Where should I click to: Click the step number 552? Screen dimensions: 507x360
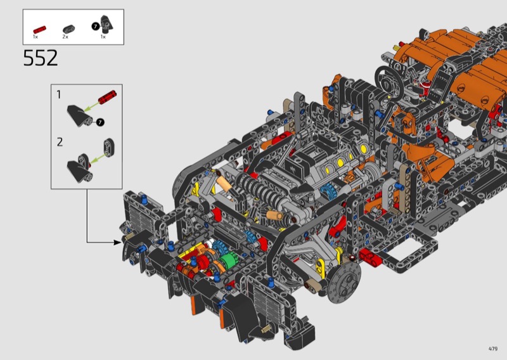tap(41, 58)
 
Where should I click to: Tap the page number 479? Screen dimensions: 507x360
tap(493, 349)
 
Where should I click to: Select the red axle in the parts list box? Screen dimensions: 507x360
tap(39, 30)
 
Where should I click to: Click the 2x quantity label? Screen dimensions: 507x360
tap(65, 37)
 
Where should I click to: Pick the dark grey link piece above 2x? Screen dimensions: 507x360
tap(68, 29)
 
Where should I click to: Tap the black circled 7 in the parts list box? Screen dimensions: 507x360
tap(96, 26)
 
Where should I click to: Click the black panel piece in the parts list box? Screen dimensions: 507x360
tap(106, 23)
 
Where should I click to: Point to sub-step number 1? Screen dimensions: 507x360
tap(58, 95)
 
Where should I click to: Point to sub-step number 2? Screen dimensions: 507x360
tap(60, 142)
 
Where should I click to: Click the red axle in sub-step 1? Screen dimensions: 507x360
tap(107, 97)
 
